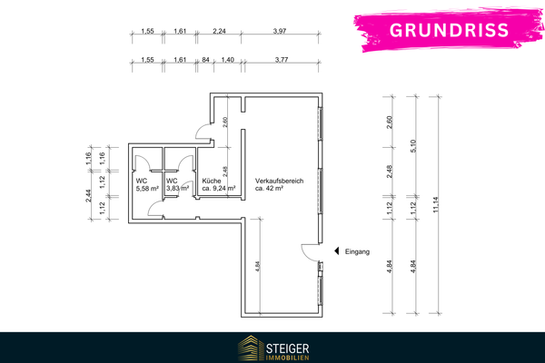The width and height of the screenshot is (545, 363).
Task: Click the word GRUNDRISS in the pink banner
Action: (x=450, y=30)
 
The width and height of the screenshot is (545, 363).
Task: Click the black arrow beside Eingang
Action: (x=336, y=251)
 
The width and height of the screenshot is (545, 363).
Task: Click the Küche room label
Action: (x=213, y=181)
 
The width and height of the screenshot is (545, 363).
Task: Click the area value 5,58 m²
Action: (x=147, y=189)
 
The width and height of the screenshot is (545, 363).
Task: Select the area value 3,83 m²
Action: (x=177, y=189)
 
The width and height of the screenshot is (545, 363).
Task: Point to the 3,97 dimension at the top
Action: (x=280, y=32)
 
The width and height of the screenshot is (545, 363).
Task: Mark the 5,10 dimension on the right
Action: (x=414, y=148)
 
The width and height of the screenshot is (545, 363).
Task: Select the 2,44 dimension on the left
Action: (x=89, y=194)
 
